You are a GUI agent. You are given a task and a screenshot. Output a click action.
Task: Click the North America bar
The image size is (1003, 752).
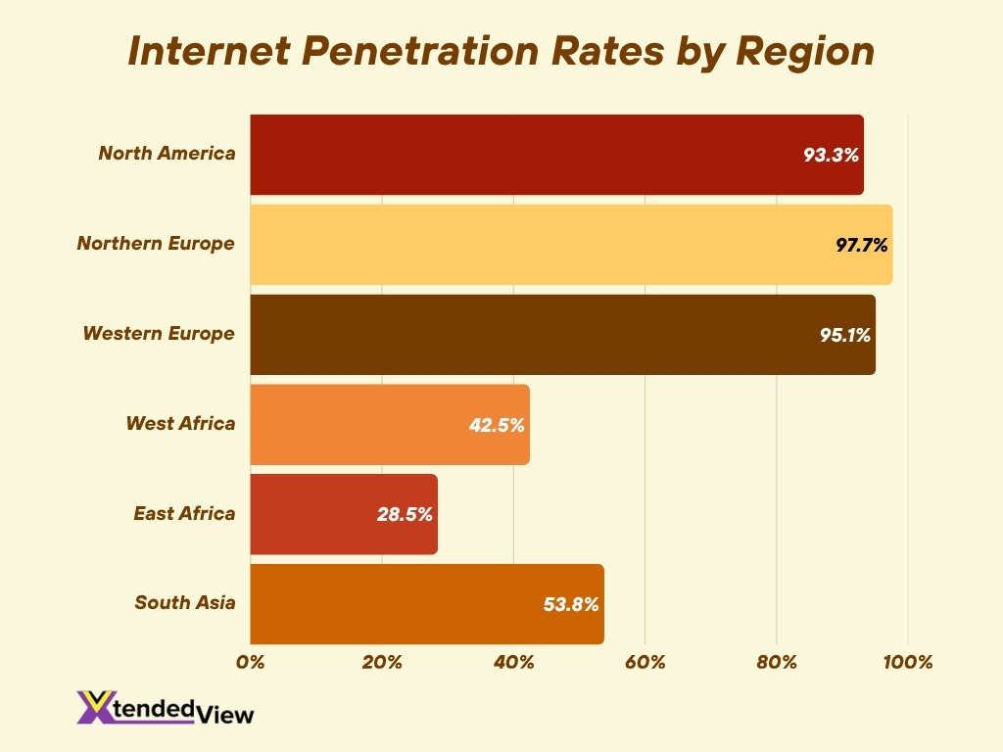pos(556,155)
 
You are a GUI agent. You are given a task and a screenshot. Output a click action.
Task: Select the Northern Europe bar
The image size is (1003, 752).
pos(571,245)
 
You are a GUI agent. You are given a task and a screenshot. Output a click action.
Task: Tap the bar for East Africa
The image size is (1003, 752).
pos(344,514)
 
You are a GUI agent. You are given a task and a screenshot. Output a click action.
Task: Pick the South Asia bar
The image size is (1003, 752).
pos(427,604)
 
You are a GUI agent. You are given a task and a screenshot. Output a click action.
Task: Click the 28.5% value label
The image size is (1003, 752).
pos(406,514)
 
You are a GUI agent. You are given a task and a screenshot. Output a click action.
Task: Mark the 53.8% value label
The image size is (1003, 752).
pos(572,604)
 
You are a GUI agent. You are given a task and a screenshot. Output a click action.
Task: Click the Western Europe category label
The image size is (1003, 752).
pos(159,334)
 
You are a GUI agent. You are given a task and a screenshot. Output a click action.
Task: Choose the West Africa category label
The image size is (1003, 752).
pos(180,424)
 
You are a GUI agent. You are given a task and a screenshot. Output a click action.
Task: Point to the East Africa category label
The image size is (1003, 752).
pos(184,513)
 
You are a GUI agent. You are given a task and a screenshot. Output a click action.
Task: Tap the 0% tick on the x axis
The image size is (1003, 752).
pos(251,663)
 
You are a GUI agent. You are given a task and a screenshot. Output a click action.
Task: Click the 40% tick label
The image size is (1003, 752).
pos(513,663)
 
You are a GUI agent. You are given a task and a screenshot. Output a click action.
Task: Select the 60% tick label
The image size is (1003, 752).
pos(645,663)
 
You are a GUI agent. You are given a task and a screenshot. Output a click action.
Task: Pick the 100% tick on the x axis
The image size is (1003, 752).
pos(908,663)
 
